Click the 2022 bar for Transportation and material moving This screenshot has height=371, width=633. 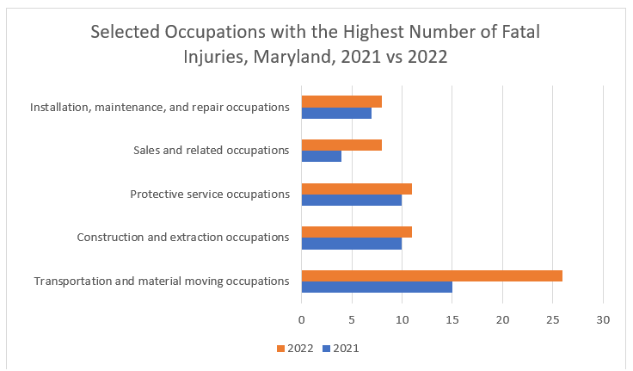coord(432,275)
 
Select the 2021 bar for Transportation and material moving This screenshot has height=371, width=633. coord(377,287)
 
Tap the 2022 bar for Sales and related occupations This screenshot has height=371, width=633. coord(341,145)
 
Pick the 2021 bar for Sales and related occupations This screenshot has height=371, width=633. coord(322,157)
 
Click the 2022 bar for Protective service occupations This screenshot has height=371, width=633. coord(357,189)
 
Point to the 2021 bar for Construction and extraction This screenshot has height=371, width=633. coord(352,244)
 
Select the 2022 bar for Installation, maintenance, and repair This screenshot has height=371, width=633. coord(341,102)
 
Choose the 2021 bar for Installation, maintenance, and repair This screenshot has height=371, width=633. coord(336,113)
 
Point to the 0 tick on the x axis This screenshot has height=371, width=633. coord(302,319)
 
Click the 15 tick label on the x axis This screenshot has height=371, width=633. coord(452,319)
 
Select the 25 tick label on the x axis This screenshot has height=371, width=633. coord(553,319)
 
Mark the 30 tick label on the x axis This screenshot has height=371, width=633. coord(603,319)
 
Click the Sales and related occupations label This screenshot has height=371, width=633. coord(211,150)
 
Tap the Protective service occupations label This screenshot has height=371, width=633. coord(209,194)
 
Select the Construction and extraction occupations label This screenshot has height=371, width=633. coord(182,237)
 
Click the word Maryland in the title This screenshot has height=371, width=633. coord(299,60)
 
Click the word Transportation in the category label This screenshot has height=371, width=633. coord(72,281)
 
